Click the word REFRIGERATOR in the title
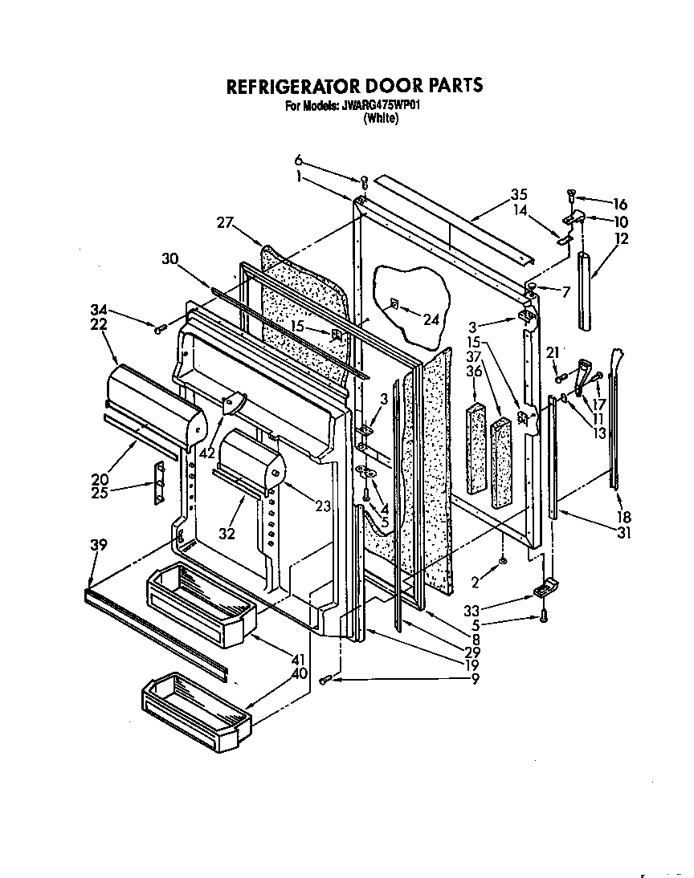pyautogui.click(x=285, y=85)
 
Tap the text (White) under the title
pyautogui.click(x=380, y=117)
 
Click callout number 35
pyautogui.click(x=519, y=193)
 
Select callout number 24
pyautogui.click(x=432, y=319)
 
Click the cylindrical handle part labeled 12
pyautogui.click(x=585, y=288)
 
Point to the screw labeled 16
pyautogui.click(x=570, y=193)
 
